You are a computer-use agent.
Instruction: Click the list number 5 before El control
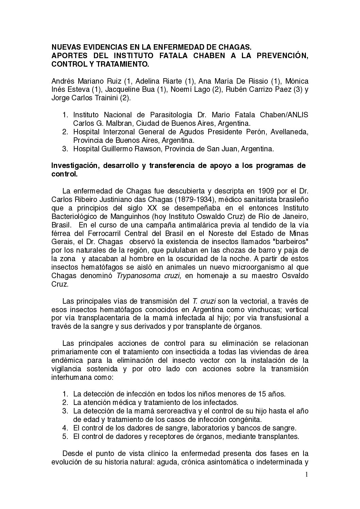pyautogui.click(x=65, y=436)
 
